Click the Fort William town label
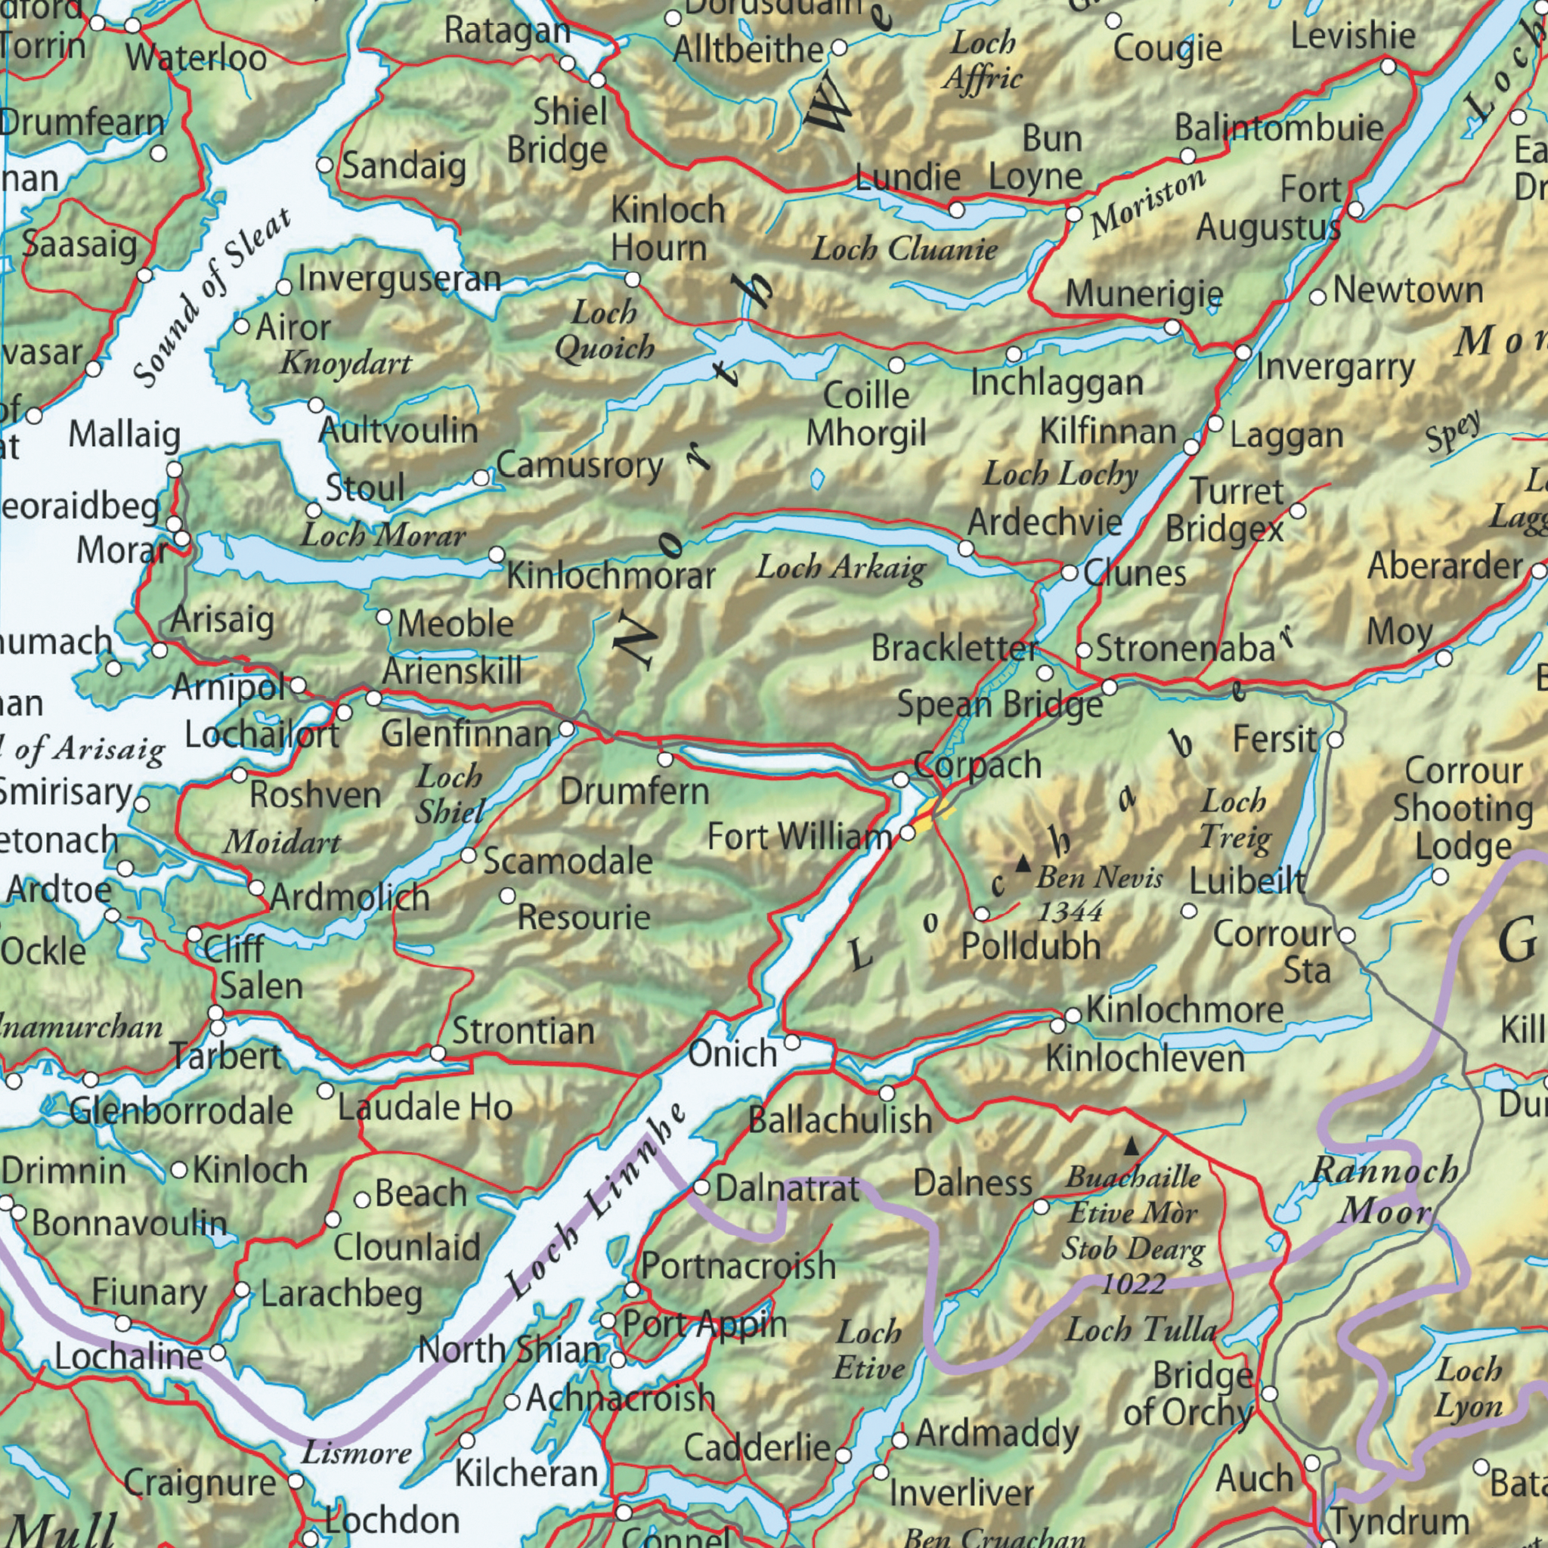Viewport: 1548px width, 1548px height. (x=799, y=838)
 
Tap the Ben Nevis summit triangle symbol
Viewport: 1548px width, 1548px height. (x=1023, y=865)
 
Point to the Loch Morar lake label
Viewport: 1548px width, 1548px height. (x=382, y=535)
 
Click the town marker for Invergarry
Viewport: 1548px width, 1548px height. (x=1243, y=352)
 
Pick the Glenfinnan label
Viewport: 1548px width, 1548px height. (x=466, y=734)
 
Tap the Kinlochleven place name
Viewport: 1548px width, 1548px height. (x=1145, y=1060)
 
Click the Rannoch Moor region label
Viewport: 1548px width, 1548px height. (x=1385, y=1191)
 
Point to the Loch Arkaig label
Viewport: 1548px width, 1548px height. (x=841, y=568)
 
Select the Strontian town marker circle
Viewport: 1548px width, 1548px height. (x=438, y=1053)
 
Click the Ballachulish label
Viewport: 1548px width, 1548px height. (x=840, y=1119)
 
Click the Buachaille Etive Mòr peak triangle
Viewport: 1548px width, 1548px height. (x=1131, y=1147)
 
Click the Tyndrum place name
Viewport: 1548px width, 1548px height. (x=1399, y=1519)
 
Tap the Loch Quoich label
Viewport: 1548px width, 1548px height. (x=604, y=330)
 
